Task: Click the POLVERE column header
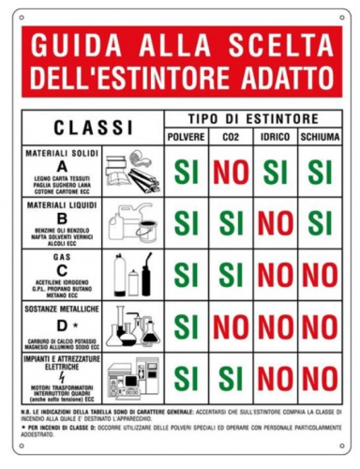point(190,138)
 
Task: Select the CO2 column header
point(231,138)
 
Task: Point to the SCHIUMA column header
point(320,138)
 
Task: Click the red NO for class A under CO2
point(231,173)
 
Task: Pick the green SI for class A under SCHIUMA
point(320,173)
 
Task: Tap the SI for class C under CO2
point(231,275)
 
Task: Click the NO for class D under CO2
point(231,325)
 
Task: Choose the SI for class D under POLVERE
point(190,325)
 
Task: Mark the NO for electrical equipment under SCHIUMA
point(320,377)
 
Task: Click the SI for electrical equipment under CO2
point(231,377)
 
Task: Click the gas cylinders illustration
point(131,275)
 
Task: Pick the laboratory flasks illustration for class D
point(131,325)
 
